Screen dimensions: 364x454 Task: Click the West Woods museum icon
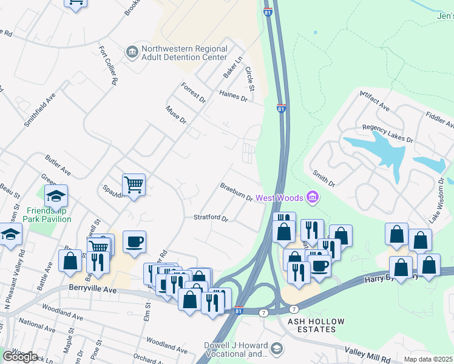[x=313, y=197]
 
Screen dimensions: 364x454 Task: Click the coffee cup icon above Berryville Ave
[x=134, y=241]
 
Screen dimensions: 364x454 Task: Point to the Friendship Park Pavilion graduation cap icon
[x=56, y=196]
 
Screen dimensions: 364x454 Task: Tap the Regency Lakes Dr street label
[x=387, y=133]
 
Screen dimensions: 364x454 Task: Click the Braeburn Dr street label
[x=236, y=192]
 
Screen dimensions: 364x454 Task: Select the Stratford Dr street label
[x=210, y=218]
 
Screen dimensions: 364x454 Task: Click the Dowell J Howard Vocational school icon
[x=277, y=348]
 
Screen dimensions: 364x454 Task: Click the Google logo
[x=19, y=356]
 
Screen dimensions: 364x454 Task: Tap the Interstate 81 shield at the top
[x=268, y=12]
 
